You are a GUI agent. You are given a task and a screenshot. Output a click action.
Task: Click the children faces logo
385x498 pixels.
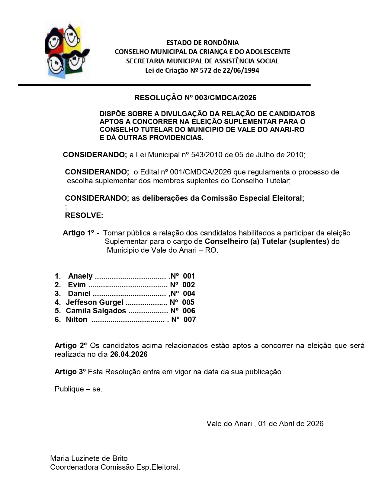pyautogui.click(x=67, y=51)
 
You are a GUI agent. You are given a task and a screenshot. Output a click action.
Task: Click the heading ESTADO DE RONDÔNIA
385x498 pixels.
pyautogui.click(x=202, y=43)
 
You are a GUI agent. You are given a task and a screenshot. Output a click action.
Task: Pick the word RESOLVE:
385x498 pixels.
pyautogui.click(x=84, y=215)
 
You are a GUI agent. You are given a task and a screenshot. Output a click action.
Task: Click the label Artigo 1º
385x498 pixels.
pyautogui.click(x=79, y=233)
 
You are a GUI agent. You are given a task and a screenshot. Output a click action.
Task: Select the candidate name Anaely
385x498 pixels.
pyautogui.click(x=80, y=276)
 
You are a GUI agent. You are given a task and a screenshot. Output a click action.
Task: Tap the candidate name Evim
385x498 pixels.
pyautogui.click(x=77, y=285)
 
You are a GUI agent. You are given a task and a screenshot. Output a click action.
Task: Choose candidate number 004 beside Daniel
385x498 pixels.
pyautogui.click(x=189, y=293)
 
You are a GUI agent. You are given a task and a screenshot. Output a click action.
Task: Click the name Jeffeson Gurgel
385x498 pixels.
pyautogui.click(x=95, y=302)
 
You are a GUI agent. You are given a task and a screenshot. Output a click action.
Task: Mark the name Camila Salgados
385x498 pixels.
pyautogui.click(x=96, y=311)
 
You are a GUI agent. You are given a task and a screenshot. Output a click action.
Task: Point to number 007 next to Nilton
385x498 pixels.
pyautogui.click(x=190, y=319)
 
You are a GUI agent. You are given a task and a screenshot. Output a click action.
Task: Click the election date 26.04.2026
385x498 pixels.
pyautogui.click(x=129, y=354)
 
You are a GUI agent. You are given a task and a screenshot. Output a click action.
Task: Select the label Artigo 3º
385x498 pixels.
pyautogui.click(x=70, y=372)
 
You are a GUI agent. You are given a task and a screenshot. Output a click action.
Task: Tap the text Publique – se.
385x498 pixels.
pyautogui.click(x=79, y=389)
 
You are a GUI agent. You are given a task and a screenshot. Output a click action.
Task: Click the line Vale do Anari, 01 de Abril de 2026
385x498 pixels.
pyautogui.click(x=265, y=423)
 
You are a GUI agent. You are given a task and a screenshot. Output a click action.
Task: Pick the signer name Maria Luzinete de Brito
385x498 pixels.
pyautogui.click(x=89, y=458)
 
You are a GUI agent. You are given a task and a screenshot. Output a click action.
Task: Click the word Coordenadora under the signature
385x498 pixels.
pyautogui.click(x=74, y=467)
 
